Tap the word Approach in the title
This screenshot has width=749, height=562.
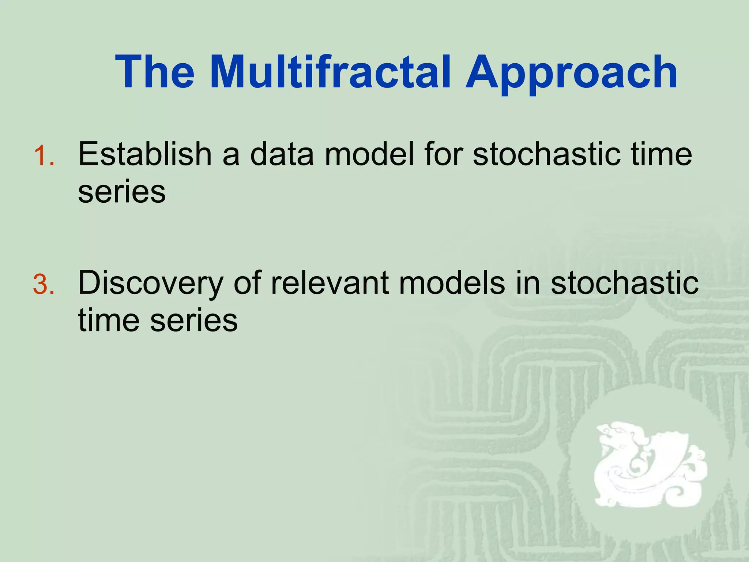[571, 72]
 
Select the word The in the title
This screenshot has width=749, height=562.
[155, 72]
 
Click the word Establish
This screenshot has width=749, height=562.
[145, 154]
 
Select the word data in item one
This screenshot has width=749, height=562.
[282, 154]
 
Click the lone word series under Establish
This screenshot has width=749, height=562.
[122, 192]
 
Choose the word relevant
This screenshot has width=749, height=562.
[330, 282]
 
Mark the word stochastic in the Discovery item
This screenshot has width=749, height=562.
[624, 282]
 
